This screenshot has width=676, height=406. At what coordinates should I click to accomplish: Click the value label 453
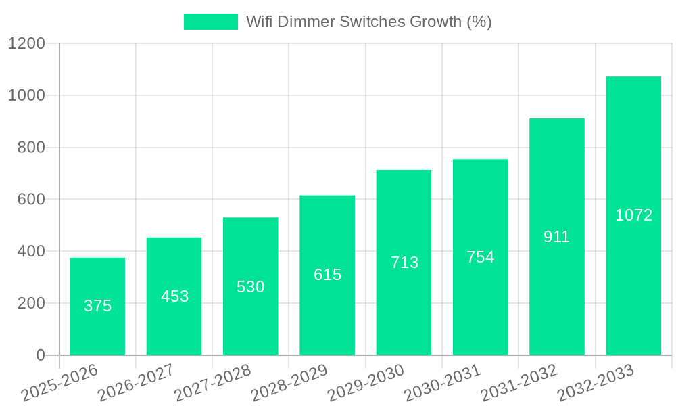tap(174, 296)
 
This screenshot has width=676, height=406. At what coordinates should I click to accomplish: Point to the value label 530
tap(250, 287)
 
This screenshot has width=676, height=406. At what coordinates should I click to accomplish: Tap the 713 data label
tap(404, 263)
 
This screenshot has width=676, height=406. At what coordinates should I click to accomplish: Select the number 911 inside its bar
tap(557, 237)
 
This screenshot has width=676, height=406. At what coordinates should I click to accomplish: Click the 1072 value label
tap(633, 215)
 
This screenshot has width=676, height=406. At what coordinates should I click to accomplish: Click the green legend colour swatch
tap(211, 22)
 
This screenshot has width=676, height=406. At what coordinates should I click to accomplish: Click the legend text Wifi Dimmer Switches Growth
tap(368, 22)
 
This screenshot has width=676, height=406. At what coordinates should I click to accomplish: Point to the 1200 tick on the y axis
tap(26, 43)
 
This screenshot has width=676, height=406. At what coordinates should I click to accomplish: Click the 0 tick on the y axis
tap(40, 355)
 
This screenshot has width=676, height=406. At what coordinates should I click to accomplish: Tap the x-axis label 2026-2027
tap(135, 383)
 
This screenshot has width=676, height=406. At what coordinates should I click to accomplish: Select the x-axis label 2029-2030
tap(366, 383)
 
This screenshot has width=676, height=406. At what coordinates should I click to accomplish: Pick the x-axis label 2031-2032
tap(518, 383)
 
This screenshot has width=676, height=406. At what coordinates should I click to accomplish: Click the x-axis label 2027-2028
tap(212, 383)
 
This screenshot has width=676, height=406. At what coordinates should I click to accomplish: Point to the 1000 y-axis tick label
tap(26, 95)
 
